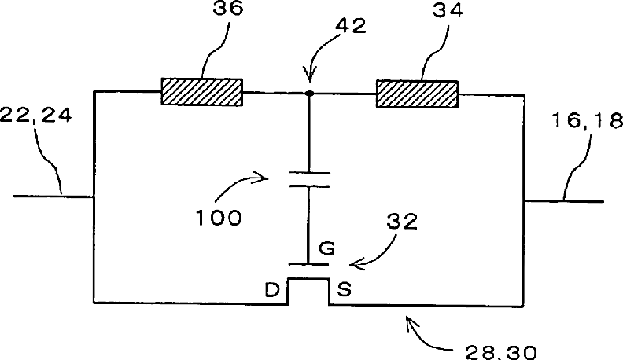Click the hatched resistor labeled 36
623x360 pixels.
pos(201,91)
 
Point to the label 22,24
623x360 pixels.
pos(38,116)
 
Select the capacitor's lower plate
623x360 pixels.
pos(308,186)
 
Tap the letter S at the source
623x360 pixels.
pos(344,290)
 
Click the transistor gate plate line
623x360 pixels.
pos(308,264)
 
